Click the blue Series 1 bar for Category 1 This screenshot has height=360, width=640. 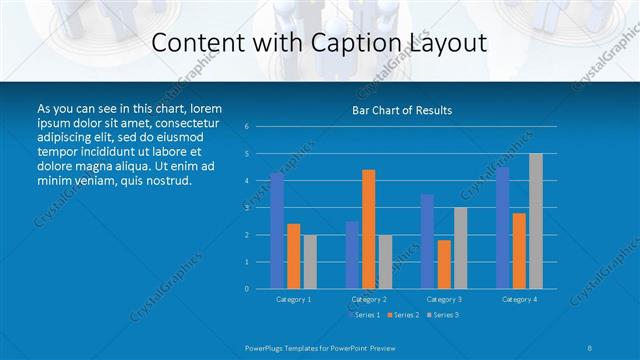pos(277,231)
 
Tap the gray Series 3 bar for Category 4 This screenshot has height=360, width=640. pos(535,221)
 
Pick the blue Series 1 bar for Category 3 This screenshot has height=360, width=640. pos(427,241)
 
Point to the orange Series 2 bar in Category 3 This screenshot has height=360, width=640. pos(443,264)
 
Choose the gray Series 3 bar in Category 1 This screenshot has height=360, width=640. pos(309,262)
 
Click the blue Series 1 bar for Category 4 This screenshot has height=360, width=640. pos(502,228)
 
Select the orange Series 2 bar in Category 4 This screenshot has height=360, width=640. pos(518,251)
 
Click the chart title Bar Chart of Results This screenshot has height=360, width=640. pos(402,110)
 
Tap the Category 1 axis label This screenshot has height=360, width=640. pos(293,299)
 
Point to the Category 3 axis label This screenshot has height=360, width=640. pos(443,299)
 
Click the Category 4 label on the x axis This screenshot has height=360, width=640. pos(518,299)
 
